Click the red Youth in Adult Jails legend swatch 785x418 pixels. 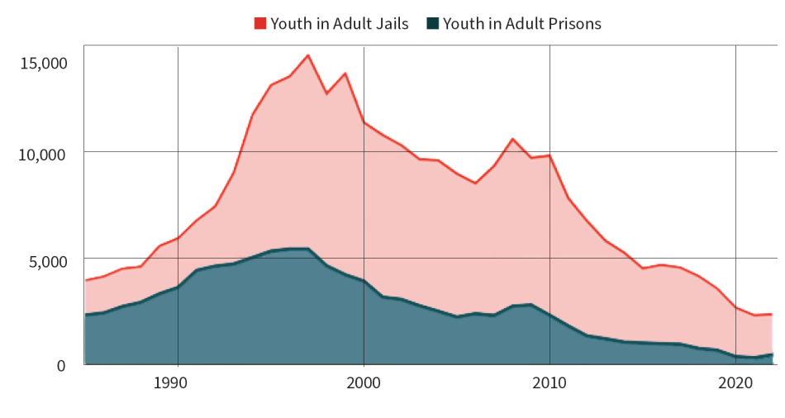pyautogui.click(x=259, y=24)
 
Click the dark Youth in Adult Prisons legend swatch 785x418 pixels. pyautogui.click(x=433, y=24)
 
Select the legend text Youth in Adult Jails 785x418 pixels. pyautogui.click(x=340, y=24)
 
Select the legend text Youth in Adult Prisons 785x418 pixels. pyautogui.click(x=522, y=24)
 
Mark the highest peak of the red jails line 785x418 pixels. pyautogui.click(x=308, y=55)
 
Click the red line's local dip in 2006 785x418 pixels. pyautogui.click(x=475, y=183)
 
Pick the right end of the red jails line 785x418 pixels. pyautogui.click(x=772, y=314)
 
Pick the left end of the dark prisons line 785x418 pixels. pyautogui.click(x=85, y=315)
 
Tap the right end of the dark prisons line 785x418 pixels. pyautogui.click(x=772, y=354)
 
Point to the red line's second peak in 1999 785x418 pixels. pyautogui.click(x=345, y=74)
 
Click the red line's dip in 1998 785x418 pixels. pyautogui.click(x=326, y=93)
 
